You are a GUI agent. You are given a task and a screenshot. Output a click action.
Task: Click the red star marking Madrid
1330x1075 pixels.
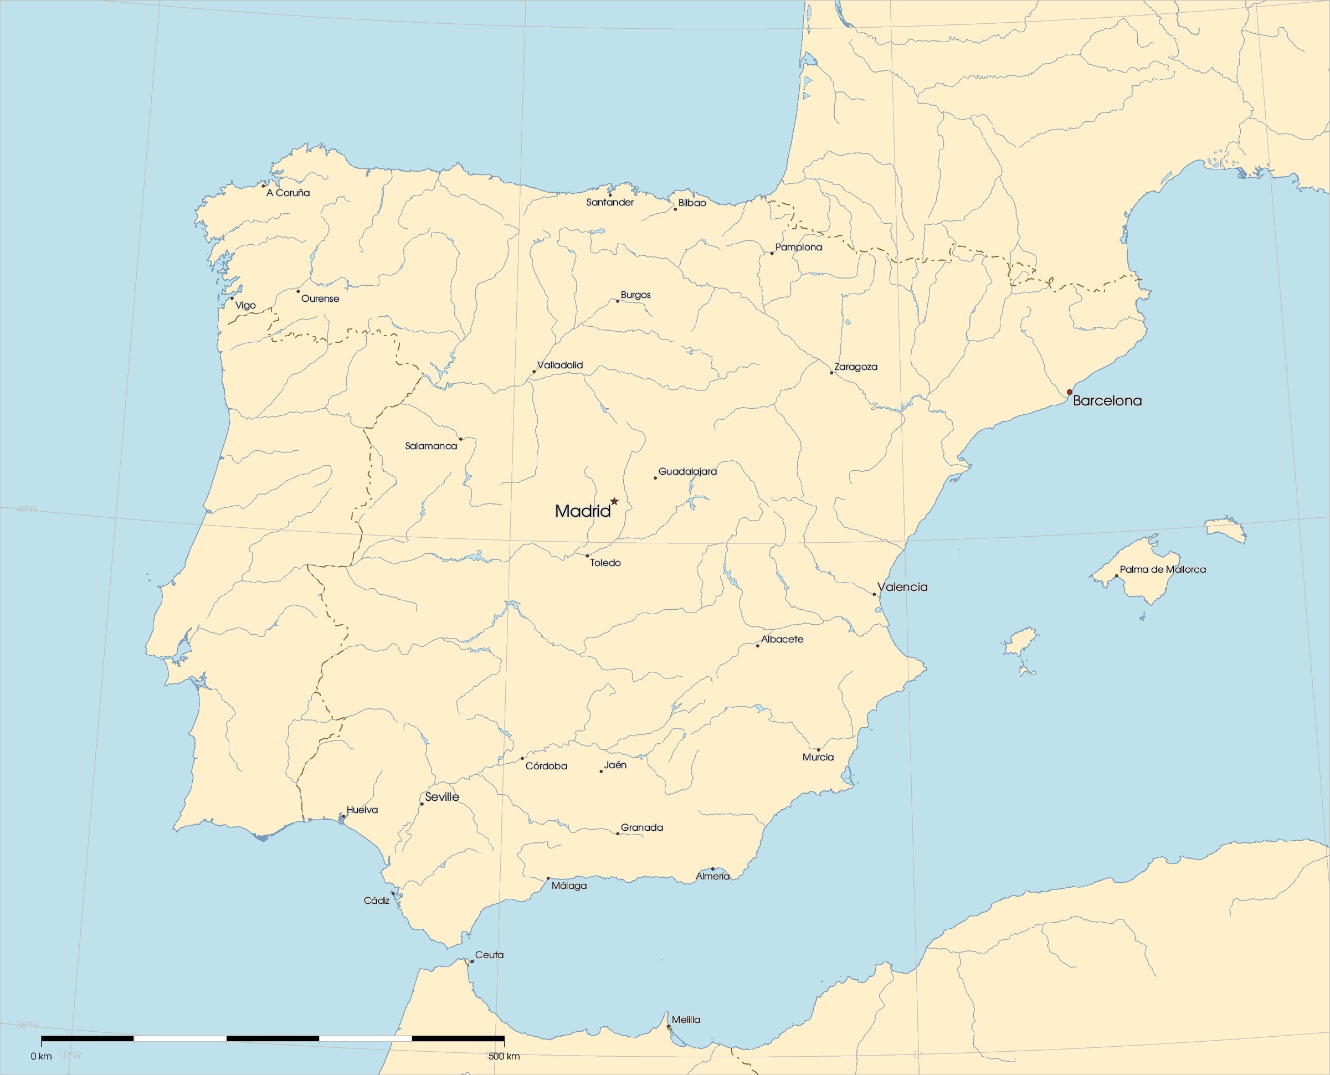614,501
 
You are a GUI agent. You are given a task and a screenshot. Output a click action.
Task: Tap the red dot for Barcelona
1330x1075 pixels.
1069,392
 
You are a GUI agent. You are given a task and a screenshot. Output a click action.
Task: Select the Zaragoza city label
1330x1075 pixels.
856,367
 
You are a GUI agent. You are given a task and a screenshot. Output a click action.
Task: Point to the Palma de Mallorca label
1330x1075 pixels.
1163,569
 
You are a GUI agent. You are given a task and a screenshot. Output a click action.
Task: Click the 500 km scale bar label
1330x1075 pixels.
504,1056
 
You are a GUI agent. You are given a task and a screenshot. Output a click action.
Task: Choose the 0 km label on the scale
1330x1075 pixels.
42,1056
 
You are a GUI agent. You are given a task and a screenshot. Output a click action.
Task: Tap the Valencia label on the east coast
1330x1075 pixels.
902,587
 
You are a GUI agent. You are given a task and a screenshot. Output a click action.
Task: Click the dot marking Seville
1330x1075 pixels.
422,804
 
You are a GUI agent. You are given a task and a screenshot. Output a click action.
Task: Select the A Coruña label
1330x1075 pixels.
288,193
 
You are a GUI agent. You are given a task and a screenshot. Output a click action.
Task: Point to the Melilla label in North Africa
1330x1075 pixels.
686,1019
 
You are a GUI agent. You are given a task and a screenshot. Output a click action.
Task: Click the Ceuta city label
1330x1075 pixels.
489,955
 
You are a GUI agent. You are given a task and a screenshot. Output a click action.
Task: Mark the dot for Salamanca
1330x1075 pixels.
461,439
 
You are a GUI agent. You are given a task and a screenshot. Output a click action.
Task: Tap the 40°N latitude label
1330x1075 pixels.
26,509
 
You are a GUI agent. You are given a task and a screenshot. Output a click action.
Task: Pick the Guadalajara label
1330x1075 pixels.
687,471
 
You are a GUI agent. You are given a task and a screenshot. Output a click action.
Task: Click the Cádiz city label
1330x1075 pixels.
377,901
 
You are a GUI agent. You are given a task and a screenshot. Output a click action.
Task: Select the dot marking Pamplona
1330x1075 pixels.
772,253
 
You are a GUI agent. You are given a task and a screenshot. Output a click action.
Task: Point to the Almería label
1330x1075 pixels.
713,876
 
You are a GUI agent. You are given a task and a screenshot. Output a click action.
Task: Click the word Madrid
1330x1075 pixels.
582,511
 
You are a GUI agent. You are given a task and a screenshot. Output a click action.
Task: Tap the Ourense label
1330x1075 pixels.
320,299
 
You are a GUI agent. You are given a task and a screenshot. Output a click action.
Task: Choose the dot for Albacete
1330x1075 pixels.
757,645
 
